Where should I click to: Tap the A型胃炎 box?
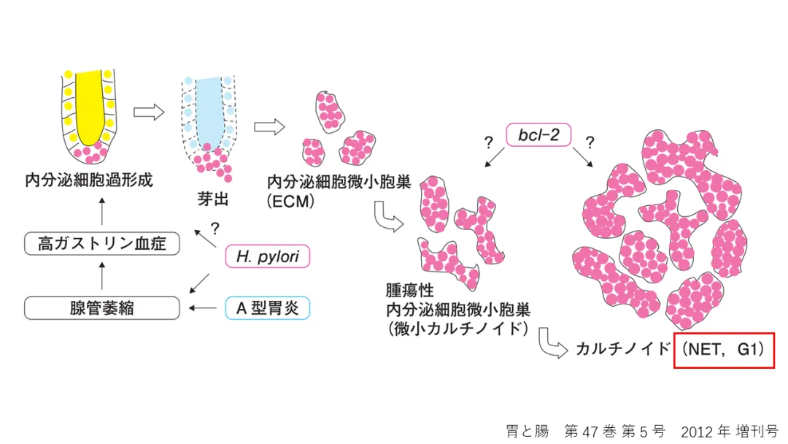268,308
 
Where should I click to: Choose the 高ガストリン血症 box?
101,243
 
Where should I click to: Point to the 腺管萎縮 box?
101,308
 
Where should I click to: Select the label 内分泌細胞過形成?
89,180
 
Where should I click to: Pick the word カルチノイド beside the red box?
622,349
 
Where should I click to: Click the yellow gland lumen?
86,103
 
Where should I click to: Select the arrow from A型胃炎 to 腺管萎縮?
204,308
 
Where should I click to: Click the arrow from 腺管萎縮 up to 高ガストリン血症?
101,277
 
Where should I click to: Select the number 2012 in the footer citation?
695,431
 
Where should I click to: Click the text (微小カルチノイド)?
459,327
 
